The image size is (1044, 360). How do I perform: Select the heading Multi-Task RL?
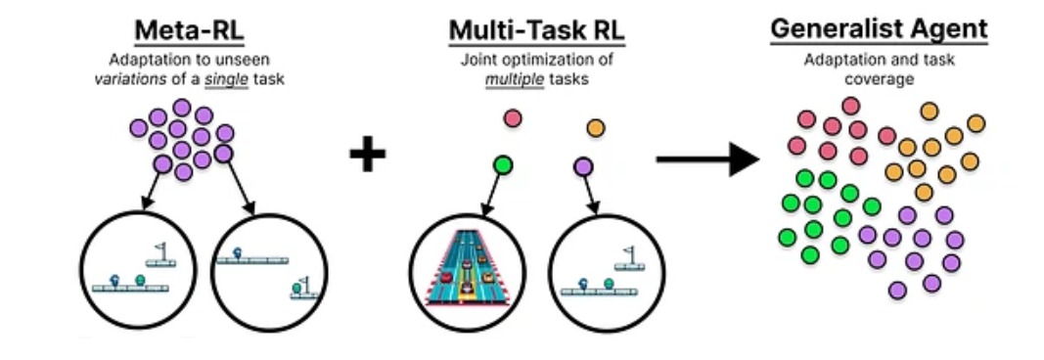[536, 30]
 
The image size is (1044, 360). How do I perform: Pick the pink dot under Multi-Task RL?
[512, 119]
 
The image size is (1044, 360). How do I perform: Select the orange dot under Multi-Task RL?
[595, 127]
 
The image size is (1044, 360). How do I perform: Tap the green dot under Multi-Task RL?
[503, 164]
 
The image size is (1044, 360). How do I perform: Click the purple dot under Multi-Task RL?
[583, 166]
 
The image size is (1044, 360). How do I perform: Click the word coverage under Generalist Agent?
[879, 79]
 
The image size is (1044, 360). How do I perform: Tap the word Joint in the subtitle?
[478, 60]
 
